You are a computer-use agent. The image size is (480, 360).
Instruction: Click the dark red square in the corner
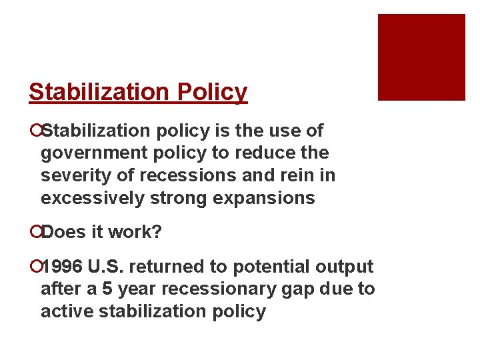pos(421,57)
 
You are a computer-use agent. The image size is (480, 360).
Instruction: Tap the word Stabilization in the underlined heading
pos(100,92)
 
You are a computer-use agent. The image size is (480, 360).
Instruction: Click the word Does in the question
pos(61,233)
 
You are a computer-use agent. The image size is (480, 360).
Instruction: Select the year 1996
pos(62,267)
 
